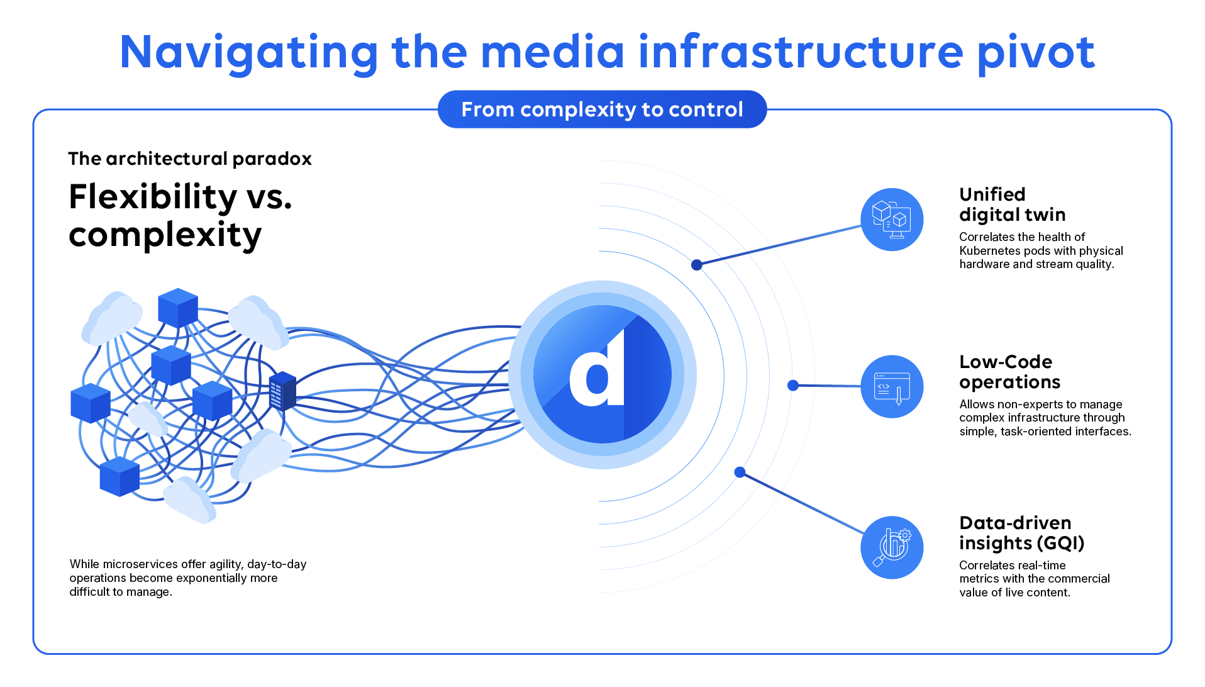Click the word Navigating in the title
248,53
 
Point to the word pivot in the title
1035,53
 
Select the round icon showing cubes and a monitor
892,220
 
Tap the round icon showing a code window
892,386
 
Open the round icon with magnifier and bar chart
892,547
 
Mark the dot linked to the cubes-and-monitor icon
697,265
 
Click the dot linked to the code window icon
793,385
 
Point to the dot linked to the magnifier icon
740,472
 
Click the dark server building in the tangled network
282,391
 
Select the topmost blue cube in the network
178,307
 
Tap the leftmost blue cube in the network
91,403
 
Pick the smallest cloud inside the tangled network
148,419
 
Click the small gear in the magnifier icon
905,535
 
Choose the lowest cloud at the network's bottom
189,500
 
